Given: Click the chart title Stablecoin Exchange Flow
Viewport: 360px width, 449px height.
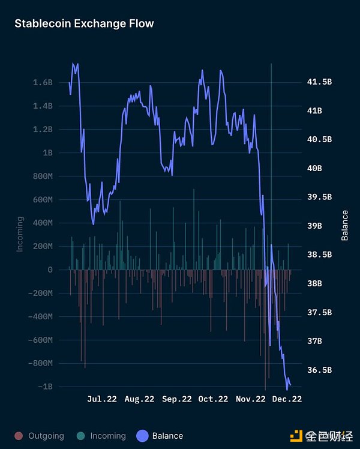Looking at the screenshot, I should tap(84, 24).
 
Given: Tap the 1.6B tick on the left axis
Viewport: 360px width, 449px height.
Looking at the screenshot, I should tap(43, 82).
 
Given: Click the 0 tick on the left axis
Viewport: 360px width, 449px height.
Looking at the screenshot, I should tap(50, 270).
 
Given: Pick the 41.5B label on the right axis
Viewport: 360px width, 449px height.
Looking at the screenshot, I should tap(319, 82).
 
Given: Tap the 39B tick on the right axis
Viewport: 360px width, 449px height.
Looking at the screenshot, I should tap(314, 226).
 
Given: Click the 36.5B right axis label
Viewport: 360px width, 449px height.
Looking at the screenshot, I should tap(319, 370).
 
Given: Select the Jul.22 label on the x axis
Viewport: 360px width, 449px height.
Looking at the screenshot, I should tap(102, 399).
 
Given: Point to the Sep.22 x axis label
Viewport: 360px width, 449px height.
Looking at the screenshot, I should tap(176, 399).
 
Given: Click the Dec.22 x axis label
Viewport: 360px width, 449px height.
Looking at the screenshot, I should tap(287, 399).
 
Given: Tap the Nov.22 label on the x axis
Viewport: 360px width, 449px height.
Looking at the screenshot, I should tap(250, 399).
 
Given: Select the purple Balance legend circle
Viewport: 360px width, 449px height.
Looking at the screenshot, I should tap(143, 436).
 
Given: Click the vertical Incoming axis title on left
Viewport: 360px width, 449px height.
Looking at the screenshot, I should tap(20, 234).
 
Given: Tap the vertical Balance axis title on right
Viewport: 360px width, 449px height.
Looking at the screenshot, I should tap(345, 225).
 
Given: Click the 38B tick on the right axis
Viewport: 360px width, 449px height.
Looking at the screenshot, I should tap(314, 283).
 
